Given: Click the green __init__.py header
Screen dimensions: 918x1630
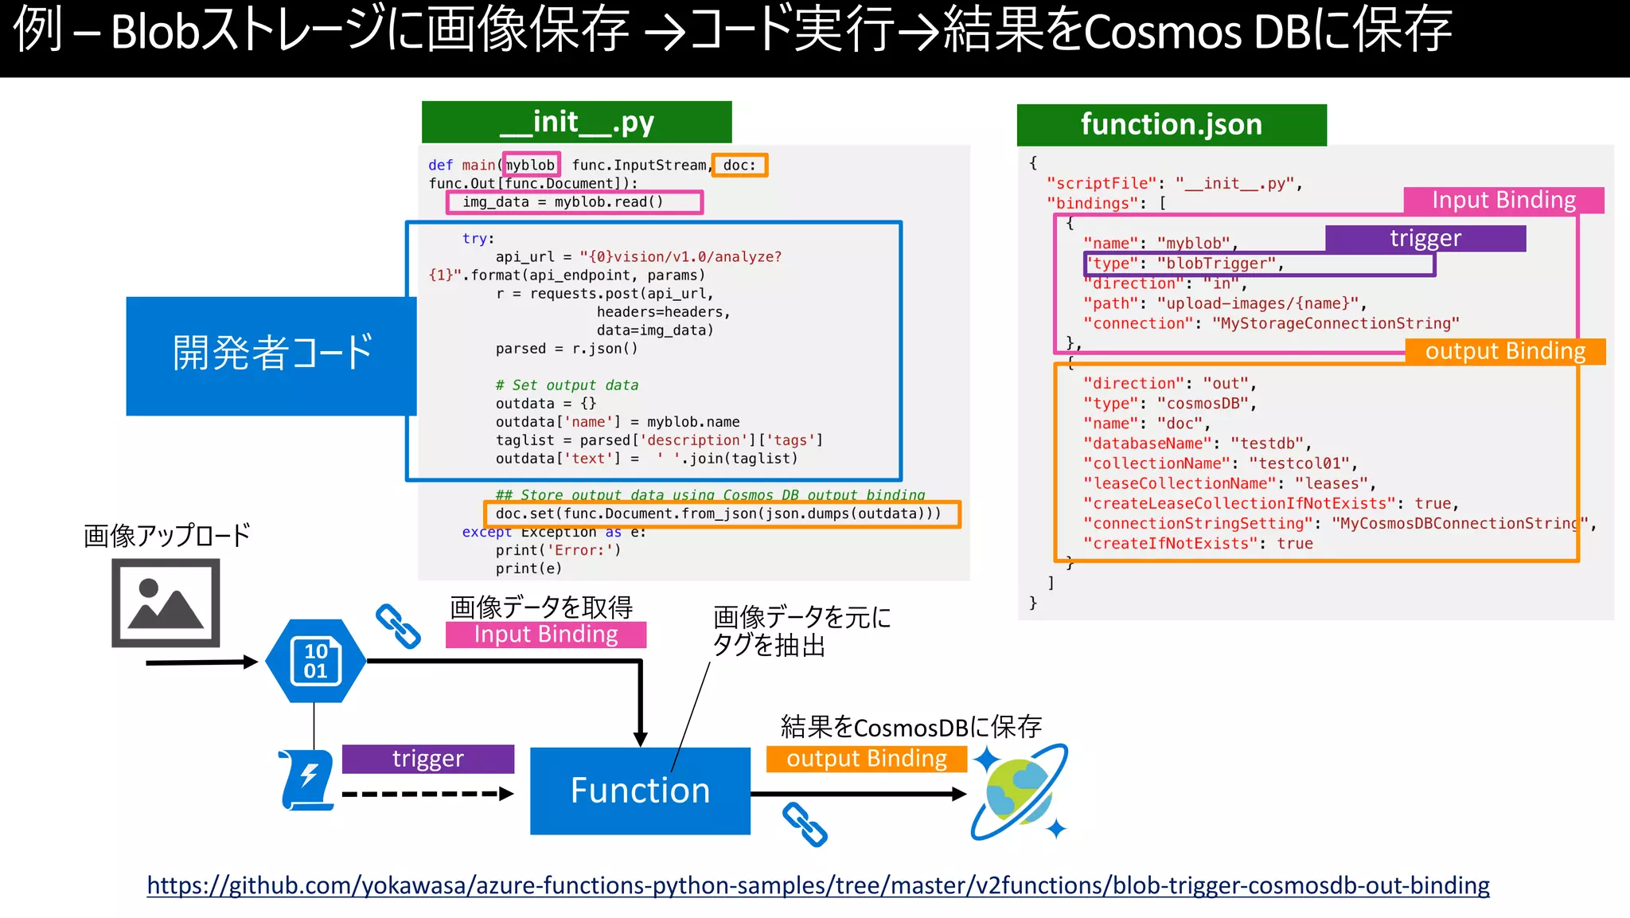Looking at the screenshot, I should tap(576, 122).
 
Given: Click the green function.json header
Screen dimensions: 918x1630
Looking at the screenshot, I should tap(1171, 124).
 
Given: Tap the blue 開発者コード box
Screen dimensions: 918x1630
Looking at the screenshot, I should tap(271, 355).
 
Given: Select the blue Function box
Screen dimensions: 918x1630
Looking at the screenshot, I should tap(640, 791).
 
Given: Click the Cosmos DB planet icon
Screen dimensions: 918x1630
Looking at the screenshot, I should tap(1020, 792).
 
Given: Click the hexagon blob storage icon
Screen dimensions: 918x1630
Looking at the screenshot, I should tap(316, 661).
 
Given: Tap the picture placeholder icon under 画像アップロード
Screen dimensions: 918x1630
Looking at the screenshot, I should tap(166, 603).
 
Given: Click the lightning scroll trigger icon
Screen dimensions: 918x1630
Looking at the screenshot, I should tap(306, 779).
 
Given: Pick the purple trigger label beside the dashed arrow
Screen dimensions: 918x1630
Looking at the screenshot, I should tap(427, 759).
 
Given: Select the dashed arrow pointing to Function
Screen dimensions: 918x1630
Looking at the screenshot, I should tap(427, 794).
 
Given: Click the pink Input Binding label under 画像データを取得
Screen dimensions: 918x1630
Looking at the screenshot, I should tap(545, 635).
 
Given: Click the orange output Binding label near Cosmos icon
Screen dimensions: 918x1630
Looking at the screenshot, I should tap(866, 759).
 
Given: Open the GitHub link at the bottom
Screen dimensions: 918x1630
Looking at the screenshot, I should tap(817, 885).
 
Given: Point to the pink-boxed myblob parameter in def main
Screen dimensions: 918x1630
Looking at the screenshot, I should tap(531, 165).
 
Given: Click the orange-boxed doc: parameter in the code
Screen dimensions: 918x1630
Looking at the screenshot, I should tap(739, 165).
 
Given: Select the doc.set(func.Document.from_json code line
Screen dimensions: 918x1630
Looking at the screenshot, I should tap(718, 514).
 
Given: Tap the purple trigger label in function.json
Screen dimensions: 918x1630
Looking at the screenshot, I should tap(1425, 238).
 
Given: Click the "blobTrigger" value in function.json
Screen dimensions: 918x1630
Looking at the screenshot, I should tap(1217, 264).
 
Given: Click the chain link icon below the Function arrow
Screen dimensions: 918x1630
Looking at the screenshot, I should tap(805, 824).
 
